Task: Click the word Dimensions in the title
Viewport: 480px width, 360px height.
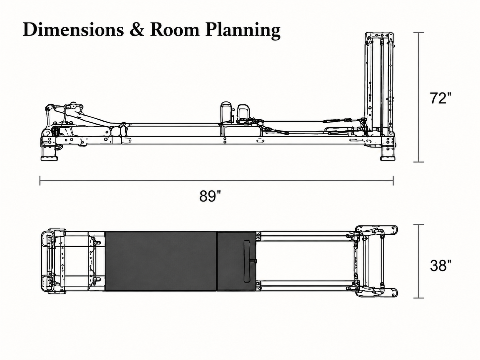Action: (73, 30)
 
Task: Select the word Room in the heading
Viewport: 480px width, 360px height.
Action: (175, 30)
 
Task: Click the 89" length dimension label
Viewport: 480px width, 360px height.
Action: (210, 196)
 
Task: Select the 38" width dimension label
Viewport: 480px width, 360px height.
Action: (441, 266)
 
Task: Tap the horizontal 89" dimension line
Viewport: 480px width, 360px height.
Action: (216, 181)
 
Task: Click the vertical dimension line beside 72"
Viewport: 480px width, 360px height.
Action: (419, 97)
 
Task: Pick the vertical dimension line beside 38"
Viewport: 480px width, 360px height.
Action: (419, 261)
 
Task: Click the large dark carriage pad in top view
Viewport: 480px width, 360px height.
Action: (161, 261)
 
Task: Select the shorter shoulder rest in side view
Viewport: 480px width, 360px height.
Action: (243, 113)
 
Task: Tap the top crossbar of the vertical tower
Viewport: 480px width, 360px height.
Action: (379, 35)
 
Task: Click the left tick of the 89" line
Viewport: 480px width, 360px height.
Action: (40, 181)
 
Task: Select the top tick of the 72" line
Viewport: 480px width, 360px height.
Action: (419, 32)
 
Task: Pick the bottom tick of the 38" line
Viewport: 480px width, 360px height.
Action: (419, 298)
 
